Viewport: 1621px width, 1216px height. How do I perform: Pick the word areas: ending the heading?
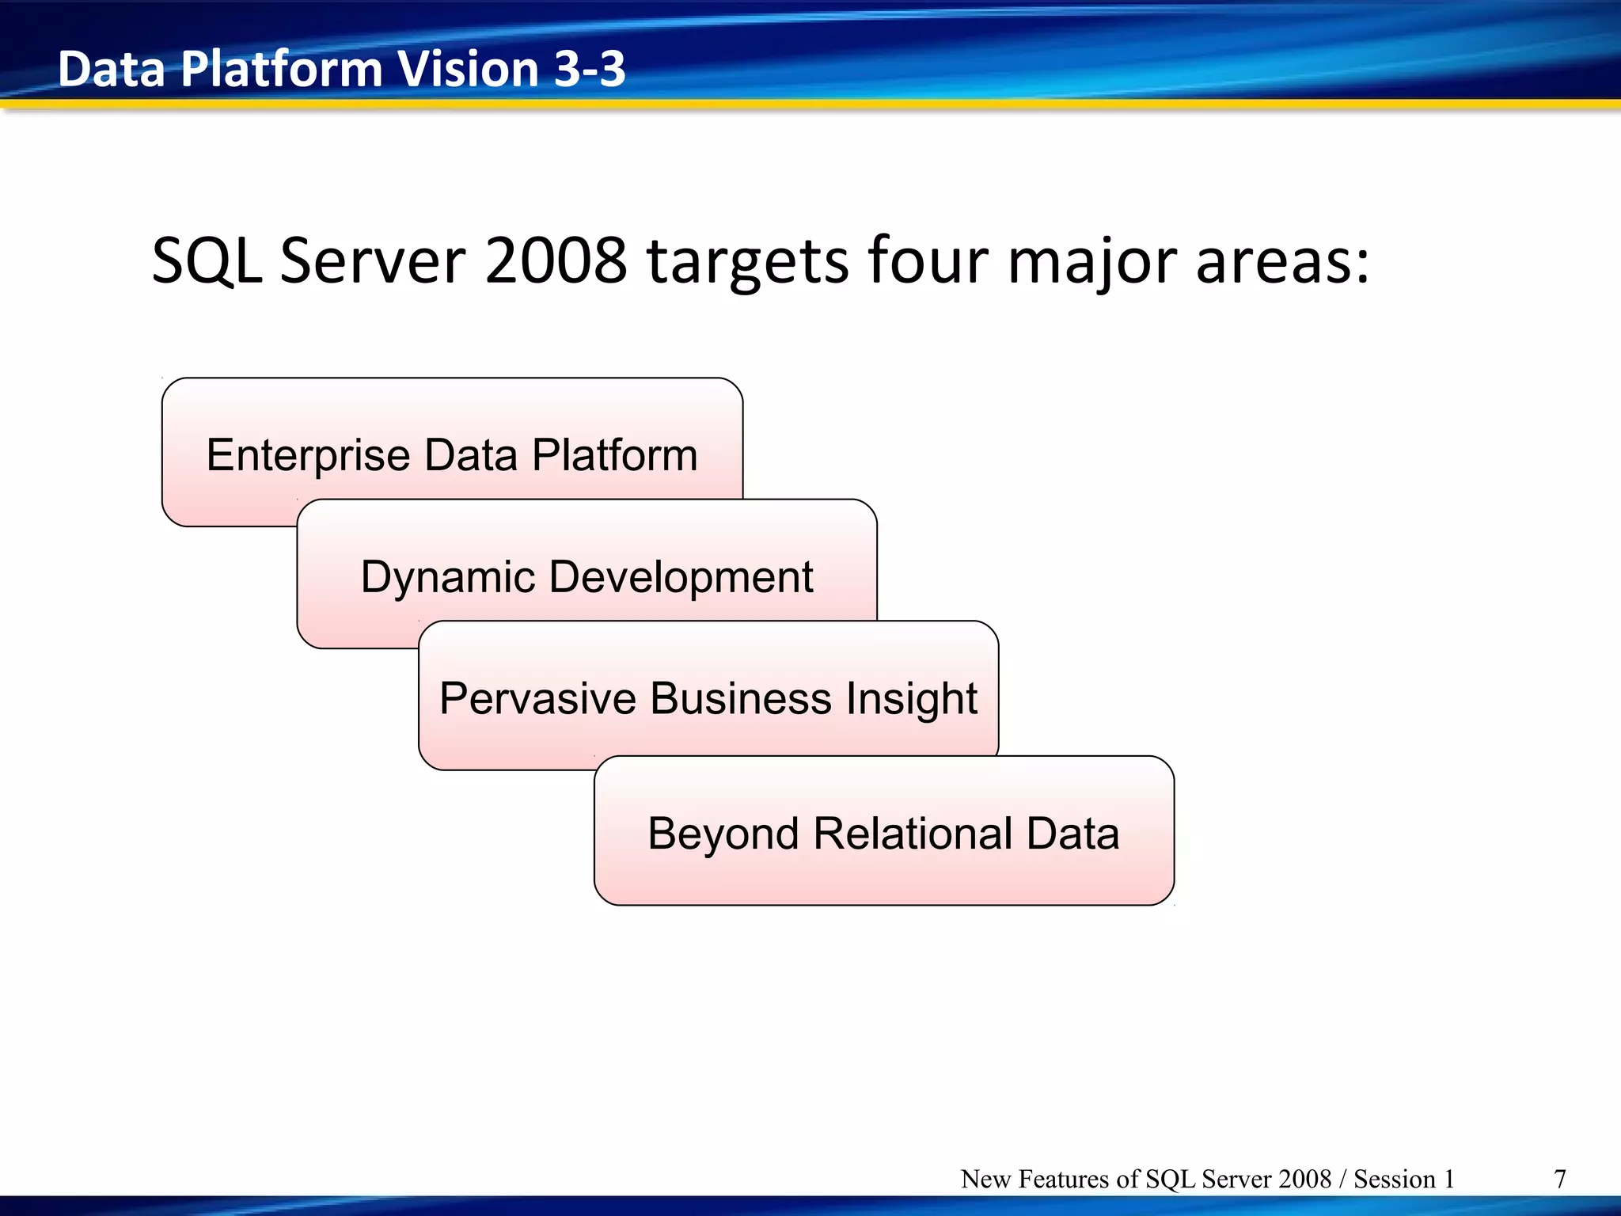point(1282,262)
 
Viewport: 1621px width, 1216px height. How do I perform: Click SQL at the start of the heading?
point(207,262)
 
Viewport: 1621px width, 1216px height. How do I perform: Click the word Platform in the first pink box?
point(614,455)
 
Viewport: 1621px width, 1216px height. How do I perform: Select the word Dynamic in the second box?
point(448,576)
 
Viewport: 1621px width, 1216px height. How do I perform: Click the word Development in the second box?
point(681,576)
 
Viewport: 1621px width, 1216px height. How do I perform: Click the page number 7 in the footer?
point(1560,1180)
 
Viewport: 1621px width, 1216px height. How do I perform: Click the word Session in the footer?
point(1394,1180)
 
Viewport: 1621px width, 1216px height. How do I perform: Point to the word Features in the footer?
point(1065,1180)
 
